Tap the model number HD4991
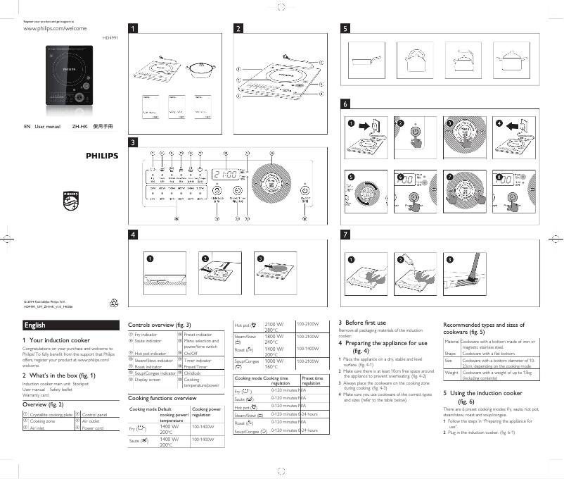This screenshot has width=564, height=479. pos(110,37)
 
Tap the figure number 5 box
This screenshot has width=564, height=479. pos(345,29)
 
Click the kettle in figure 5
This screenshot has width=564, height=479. pos(414,59)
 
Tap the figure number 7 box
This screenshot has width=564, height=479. pos(345,234)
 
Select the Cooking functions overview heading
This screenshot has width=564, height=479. pos(162,398)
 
